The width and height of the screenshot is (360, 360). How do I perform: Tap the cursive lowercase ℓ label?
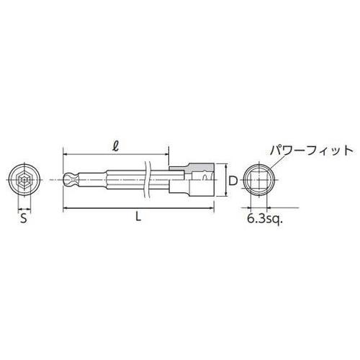click(x=116, y=143)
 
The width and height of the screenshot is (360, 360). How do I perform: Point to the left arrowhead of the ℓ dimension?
click(x=66, y=153)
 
